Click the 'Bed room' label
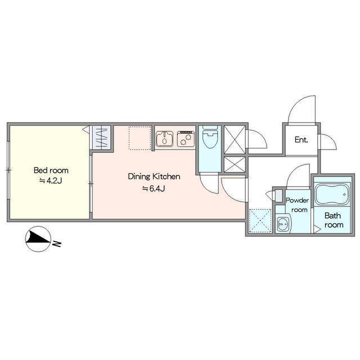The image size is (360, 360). (x=51, y=170)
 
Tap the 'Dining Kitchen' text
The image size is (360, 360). (x=154, y=177)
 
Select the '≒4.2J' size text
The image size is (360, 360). (x=51, y=181)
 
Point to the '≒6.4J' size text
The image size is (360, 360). (x=154, y=189)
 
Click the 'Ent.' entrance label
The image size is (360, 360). (x=301, y=140)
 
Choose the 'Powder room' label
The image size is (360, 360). (x=298, y=205)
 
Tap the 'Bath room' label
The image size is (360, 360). (x=334, y=220)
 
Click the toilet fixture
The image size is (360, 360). (x=210, y=137)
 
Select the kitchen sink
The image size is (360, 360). (x=165, y=139)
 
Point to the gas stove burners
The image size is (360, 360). (x=186, y=139)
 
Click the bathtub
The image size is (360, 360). (x=332, y=194)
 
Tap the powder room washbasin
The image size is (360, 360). (x=283, y=223)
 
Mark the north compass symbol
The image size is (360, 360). (x=38, y=239)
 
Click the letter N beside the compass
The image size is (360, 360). (x=57, y=244)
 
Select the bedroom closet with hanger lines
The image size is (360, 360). (x=101, y=138)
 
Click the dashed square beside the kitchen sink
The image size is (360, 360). (x=140, y=138)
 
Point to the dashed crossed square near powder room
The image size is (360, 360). (x=260, y=220)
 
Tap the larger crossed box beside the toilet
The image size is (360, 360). (x=235, y=139)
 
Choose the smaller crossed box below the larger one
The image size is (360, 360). (x=235, y=165)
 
